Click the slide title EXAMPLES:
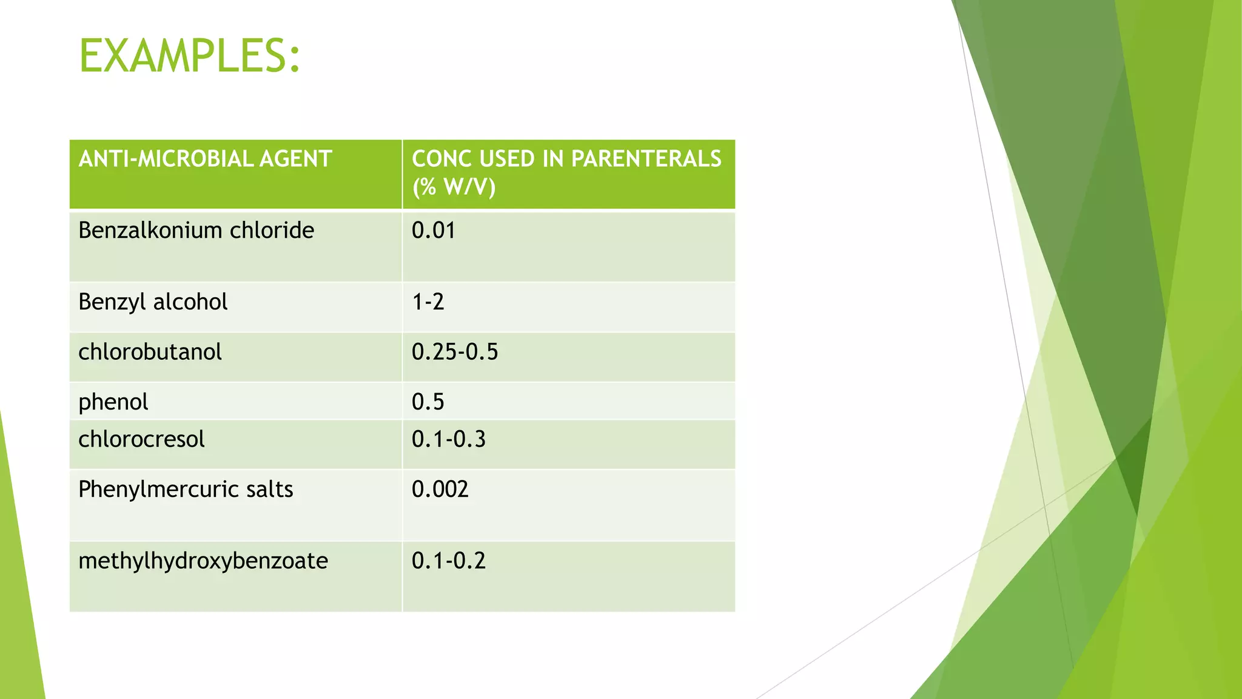click(x=189, y=56)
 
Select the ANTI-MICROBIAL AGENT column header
click(x=205, y=159)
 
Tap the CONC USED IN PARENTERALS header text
click(x=566, y=159)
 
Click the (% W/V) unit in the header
click(x=454, y=187)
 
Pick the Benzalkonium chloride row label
click(x=196, y=231)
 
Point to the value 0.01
click(x=433, y=231)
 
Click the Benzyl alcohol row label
click(x=153, y=302)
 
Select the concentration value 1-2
click(x=428, y=302)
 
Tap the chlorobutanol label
click(x=150, y=352)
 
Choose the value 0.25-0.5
click(x=454, y=352)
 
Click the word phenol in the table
click(x=113, y=402)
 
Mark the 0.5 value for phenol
click(x=428, y=402)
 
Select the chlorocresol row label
click(x=141, y=439)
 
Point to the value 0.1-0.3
click(x=448, y=439)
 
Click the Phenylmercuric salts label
click(x=186, y=489)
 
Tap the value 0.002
click(x=440, y=489)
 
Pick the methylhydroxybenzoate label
click(x=203, y=561)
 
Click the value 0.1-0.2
click(x=448, y=561)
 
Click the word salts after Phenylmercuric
click(x=269, y=489)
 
